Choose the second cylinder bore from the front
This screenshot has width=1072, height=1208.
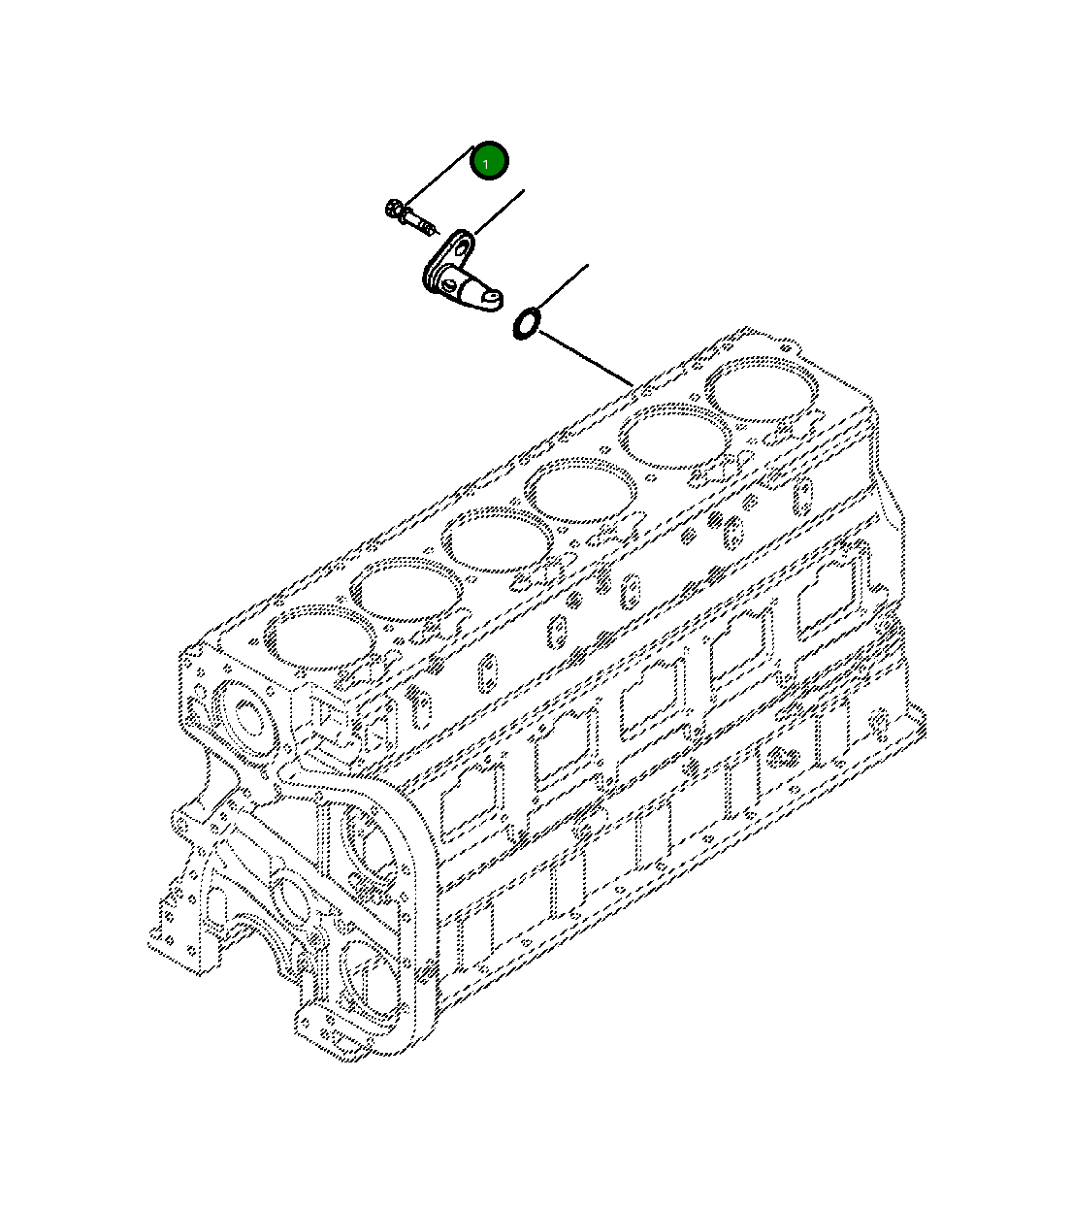click(406, 588)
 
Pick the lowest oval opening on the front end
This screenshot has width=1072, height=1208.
click(370, 980)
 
